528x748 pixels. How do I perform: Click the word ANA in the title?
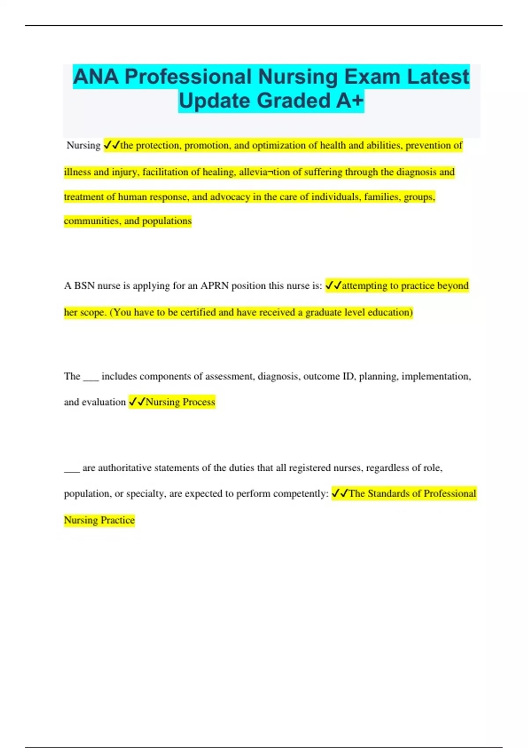pos(96,77)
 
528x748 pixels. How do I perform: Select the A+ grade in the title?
pos(350,101)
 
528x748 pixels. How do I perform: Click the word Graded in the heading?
pos(293,101)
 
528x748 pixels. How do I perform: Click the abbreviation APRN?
pos(214,286)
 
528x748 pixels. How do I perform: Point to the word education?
pos(390,312)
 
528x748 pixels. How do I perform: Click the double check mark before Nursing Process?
pos(136,402)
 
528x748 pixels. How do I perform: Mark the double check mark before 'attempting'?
pos(333,286)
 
